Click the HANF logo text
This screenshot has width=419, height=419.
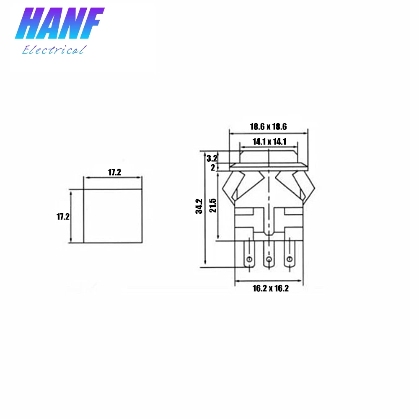60,23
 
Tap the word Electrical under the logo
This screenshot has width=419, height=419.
54,50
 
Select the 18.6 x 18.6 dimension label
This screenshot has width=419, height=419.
268,127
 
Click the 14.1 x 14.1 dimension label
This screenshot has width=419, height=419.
269,142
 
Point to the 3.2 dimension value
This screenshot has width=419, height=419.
212,158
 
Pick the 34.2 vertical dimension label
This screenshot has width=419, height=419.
199,206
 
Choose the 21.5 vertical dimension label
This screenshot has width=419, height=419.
213,205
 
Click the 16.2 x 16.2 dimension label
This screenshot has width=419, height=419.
271,288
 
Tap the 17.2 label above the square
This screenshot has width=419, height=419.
114,172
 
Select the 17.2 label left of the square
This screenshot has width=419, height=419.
63,217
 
